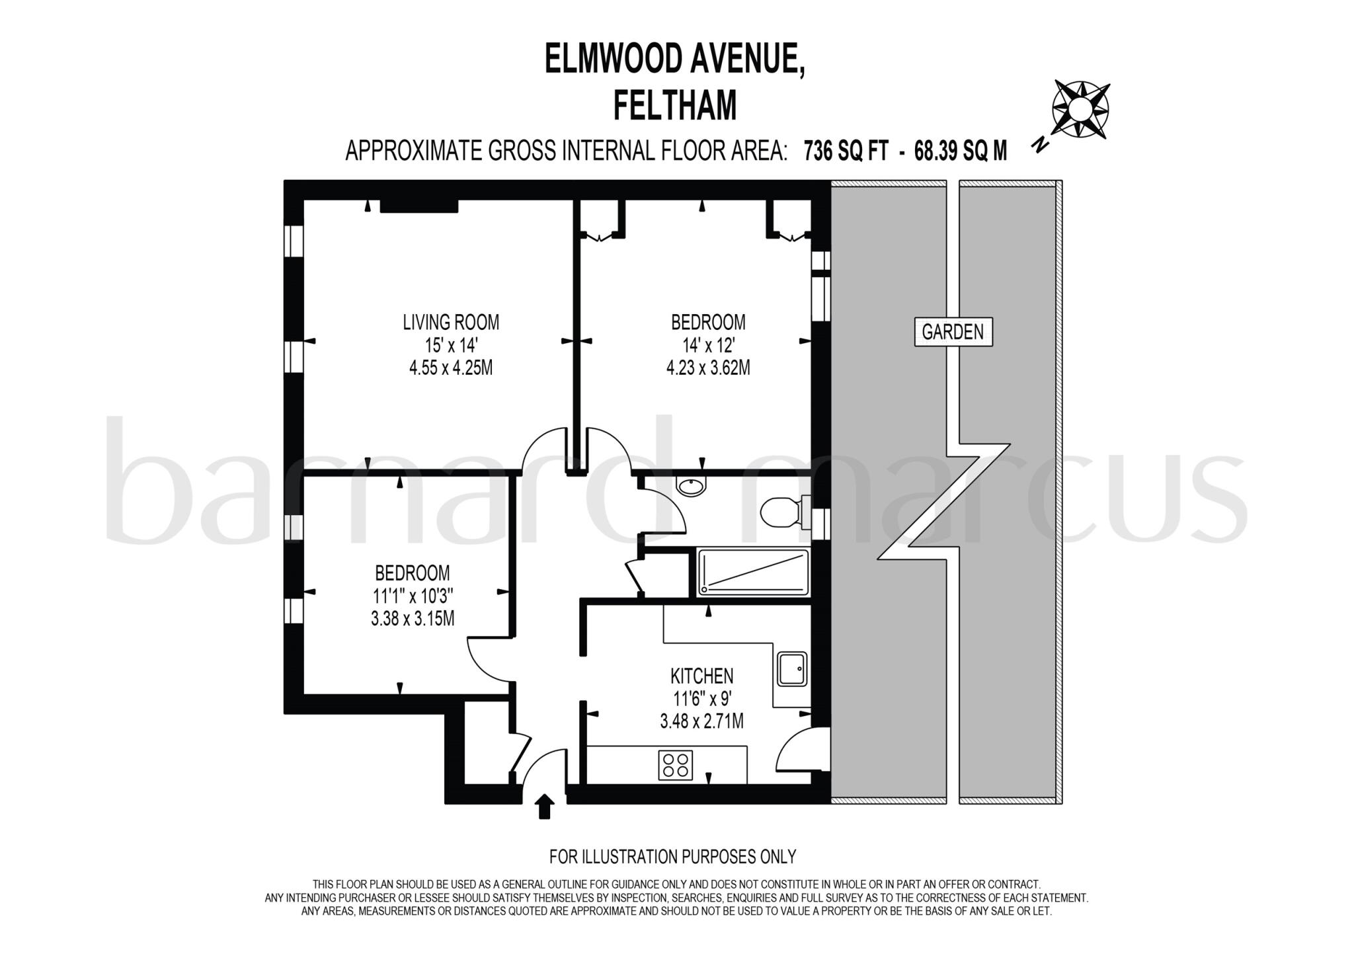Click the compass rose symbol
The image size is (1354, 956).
(x=1080, y=109)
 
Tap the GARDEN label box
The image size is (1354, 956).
(x=953, y=332)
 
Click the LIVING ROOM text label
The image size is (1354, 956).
(x=451, y=323)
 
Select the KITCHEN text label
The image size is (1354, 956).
(x=701, y=676)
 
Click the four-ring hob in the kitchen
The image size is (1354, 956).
(x=676, y=765)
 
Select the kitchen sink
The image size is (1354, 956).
(x=791, y=669)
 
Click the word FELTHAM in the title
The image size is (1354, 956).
(x=675, y=106)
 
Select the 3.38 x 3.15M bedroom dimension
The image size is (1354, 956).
(x=413, y=619)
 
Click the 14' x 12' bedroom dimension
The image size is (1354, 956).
(x=708, y=345)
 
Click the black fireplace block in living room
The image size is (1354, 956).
(x=419, y=207)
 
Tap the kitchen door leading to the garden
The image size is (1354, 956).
(x=801, y=750)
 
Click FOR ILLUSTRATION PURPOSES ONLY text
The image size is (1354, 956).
(x=672, y=857)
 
